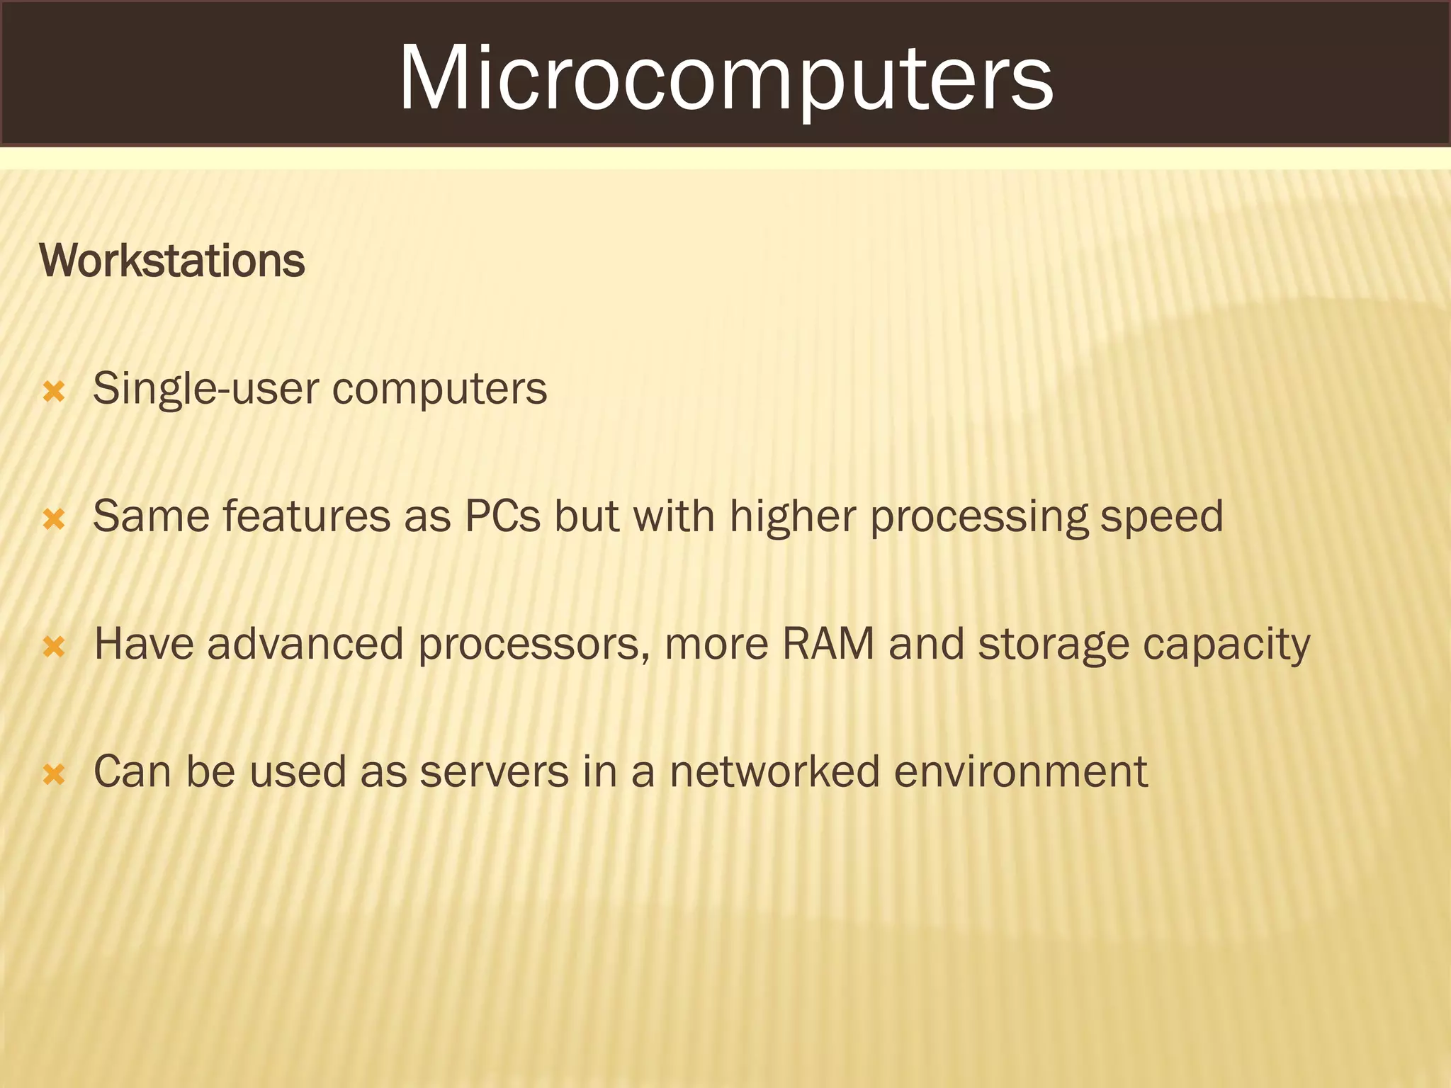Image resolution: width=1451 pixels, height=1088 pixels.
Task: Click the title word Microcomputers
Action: click(725, 78)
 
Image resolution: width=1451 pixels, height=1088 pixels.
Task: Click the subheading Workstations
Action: click(172, 261)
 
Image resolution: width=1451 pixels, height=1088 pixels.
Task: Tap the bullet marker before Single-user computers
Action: click(55, 392)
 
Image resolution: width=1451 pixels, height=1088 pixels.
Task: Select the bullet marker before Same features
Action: click(55, 519)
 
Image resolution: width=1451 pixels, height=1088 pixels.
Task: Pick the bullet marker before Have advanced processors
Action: click(55, 647)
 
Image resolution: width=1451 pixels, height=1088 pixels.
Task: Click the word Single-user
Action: click(205, 389)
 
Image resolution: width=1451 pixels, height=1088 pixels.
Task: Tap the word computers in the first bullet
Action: click(439, 389)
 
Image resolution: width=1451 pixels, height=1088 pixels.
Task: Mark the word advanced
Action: click(305, 644)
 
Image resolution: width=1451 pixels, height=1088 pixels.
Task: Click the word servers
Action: click(494, 771)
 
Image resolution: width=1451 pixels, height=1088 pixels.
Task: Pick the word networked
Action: click(774, 771)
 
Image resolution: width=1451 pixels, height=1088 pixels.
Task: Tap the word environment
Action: click(1020, 771)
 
